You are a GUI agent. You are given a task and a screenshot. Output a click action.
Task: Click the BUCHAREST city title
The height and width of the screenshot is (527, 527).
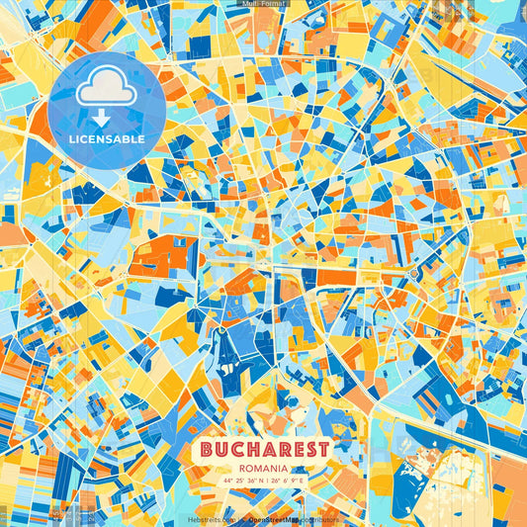(264, 449)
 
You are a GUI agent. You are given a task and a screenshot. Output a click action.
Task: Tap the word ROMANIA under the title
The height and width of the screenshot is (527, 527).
(264, 468)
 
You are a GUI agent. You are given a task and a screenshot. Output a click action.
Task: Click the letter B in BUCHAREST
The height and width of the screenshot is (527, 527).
(206, 449)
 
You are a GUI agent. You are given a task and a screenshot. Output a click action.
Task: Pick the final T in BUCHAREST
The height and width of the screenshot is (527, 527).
(323, 449)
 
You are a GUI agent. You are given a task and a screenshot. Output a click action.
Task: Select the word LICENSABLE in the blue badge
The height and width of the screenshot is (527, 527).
(107, 139)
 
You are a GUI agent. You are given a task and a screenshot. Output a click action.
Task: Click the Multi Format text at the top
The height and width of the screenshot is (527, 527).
(263, 5)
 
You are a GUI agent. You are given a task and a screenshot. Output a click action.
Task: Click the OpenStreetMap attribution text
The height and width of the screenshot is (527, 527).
(276, 518)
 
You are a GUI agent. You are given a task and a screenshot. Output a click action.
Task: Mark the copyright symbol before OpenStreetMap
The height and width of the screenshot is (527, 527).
(242, 518)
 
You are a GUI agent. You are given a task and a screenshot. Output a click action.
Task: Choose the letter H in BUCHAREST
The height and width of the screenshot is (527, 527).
(256, 449)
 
